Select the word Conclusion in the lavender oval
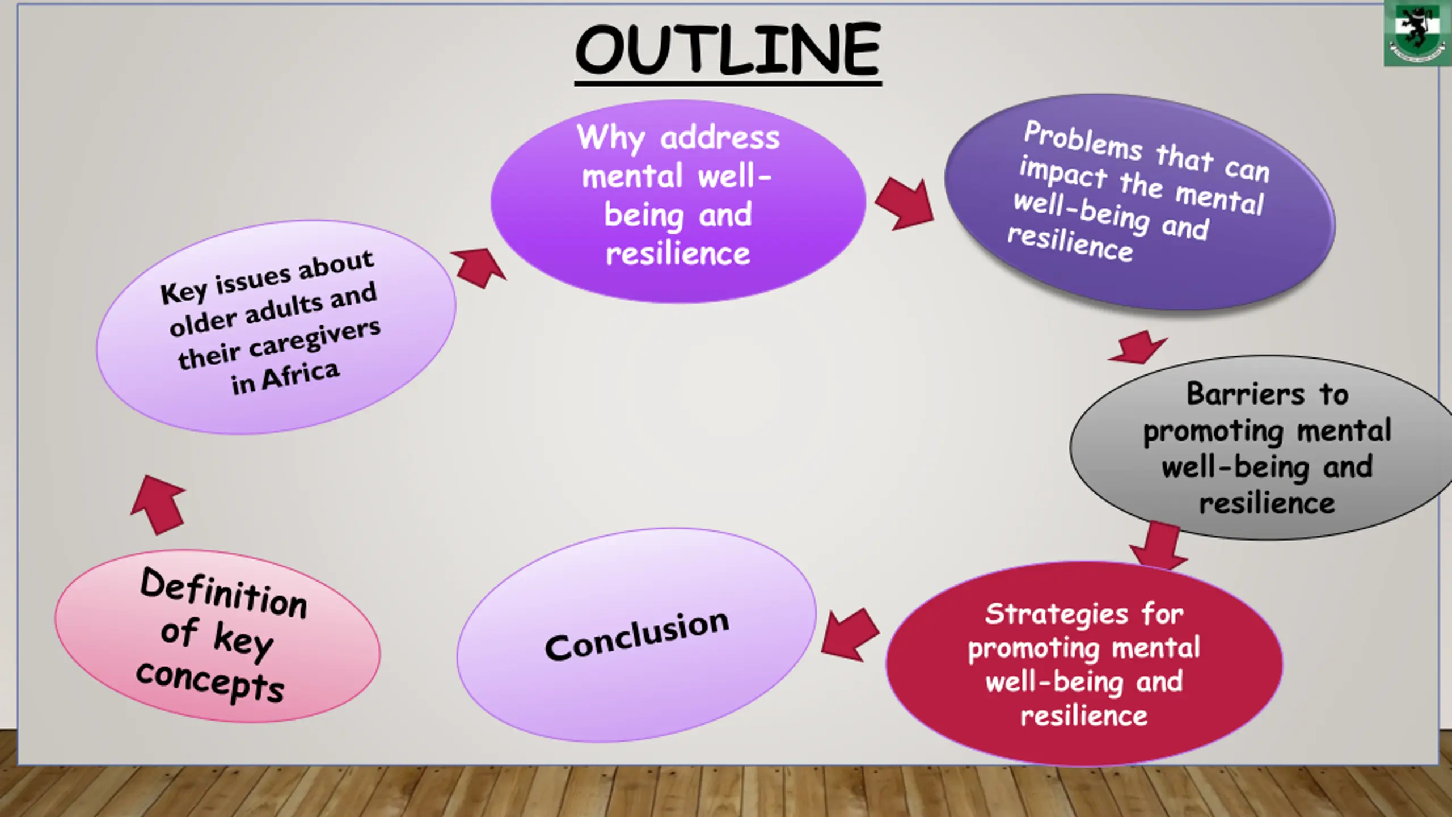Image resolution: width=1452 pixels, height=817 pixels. click(x=636, y=635)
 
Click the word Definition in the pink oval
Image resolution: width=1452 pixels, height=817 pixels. click(x=223, y=593)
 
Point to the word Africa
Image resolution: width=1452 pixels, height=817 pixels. click(x=301, y=376)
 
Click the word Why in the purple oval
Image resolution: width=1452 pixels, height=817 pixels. click(x=611, y=138)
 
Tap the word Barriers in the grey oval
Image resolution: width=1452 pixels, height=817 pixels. click(x=1246, y=394)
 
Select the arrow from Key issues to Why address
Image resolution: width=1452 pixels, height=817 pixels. click(x=479, y=267)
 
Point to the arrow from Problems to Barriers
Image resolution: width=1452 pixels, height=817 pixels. click(x=1137, y=346)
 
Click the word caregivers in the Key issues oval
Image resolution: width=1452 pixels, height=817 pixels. click(x=315, y=340)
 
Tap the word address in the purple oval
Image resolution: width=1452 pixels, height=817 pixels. click(x=720, y=138)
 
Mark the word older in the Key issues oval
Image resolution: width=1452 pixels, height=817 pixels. click(x=202, y=323)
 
